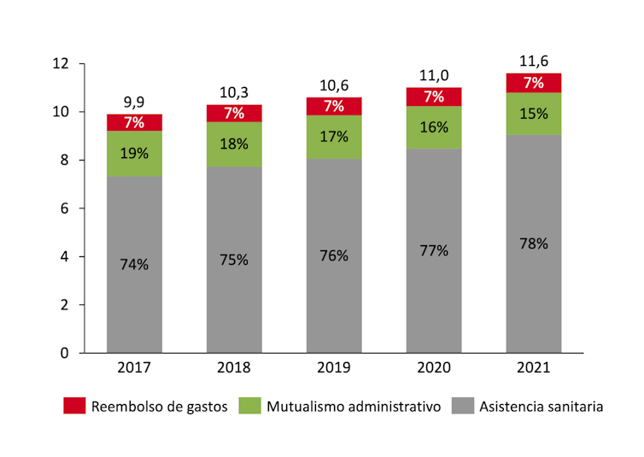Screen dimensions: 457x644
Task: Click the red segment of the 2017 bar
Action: coord(134,122)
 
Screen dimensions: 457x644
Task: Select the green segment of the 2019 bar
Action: coord(334,137)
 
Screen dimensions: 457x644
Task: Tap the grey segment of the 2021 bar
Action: coord(534,243)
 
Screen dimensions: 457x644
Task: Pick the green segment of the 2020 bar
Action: coord(434,127)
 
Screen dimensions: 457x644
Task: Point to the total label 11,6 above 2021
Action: coord(534,62)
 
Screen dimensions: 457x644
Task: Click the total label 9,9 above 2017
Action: coord(134,103)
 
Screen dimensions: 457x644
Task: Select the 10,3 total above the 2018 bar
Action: coord(234,93)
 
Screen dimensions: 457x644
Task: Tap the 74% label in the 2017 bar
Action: coord(134,264)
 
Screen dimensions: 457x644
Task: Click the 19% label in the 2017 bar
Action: coord(134,154)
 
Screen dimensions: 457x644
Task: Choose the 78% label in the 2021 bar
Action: coord(534,243)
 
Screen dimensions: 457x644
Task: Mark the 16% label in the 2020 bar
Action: coord(434,127)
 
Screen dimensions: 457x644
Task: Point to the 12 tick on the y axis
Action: coord(60,64)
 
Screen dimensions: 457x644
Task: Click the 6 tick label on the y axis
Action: coord(64,208)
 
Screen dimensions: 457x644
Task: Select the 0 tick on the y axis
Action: coord(64,353)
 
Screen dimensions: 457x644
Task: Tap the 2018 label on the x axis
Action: coord(234,368)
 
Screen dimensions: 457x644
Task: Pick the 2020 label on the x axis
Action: coord(434,368)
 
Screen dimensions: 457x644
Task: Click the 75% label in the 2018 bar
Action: coord(234,260)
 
